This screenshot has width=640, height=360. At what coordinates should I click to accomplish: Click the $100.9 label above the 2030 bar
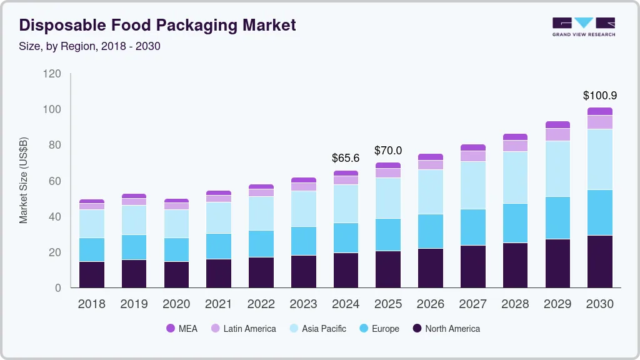pyautogui.click(x=600, y=96)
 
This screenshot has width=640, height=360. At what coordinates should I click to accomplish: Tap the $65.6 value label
pyautogui.click(x=346, y=158)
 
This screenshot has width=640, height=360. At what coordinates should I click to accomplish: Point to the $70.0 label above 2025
pyautogui.click(x=388, y=151)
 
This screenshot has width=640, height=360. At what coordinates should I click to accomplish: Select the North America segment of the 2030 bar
pyautogui.click(x=600, y=261)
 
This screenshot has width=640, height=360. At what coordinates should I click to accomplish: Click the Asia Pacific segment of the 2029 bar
pyautogui.click(x=557, y=169)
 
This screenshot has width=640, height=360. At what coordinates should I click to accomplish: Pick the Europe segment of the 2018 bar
pyautogui.click(x=92, y=249)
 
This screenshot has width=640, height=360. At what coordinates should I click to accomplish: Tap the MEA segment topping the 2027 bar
pyautogui.click(x=472, y=147)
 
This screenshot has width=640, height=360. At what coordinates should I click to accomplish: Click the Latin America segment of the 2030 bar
pyautogui.click(x=600, y=122)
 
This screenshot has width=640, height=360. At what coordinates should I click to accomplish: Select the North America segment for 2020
pyautogui.click(x=176, y=274)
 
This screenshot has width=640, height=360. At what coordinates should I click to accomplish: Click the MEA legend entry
pyautogui.click(x=182, y=328)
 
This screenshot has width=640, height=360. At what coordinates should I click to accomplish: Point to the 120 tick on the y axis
pyautogui.click(x=52, y=74)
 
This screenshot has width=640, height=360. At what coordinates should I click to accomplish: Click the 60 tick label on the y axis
pyautogui.click(x=54, y=181)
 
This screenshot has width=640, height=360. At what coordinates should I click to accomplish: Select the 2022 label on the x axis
pyautogui.click(x=261, y=304)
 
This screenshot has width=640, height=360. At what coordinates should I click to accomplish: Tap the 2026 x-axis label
pyautogui.click(x=431, y=304)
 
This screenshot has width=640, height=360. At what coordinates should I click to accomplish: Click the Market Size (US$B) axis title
pyautogui.click(x=24, y=181)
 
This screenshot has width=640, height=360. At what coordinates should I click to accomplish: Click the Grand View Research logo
pyautogui.click(x=583, y=26)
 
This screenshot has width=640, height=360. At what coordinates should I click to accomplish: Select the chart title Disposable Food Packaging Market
pyautogui.click(x=157, y=26)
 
